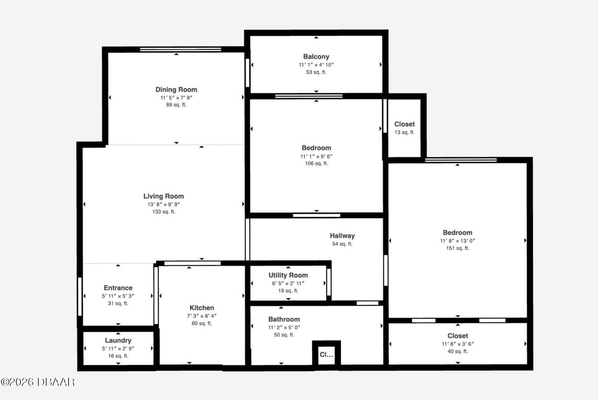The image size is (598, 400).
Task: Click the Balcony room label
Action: (316, 56)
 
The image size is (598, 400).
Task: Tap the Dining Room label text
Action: (176, 90)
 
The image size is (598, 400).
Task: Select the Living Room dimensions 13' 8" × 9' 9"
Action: (164, 204)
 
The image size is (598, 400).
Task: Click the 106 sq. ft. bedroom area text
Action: (316, 163)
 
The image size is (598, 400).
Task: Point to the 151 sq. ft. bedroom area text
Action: (457, 248)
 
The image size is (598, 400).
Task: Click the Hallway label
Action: (342, 236)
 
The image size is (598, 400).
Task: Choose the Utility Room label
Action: (288, 275)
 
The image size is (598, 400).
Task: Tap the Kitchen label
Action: (202, 308)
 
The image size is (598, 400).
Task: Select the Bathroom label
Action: (284, 319)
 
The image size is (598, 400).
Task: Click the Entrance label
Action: (118, 288)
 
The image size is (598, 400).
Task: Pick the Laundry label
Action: (118, 340)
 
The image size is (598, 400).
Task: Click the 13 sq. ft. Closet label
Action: (405, 124)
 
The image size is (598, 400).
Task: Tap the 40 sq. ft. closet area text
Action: (457, 351)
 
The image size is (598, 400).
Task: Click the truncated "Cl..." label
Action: (326, 355)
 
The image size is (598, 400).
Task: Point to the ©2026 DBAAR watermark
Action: (37, 382)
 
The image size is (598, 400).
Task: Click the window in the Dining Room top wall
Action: (180, 49)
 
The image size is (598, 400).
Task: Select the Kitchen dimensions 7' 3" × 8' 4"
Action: (202, 316)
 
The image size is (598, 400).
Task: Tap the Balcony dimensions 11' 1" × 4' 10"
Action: (316, 65)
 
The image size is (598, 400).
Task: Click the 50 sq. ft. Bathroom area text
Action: (284, 335)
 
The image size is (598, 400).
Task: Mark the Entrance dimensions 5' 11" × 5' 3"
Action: (118, 296)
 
